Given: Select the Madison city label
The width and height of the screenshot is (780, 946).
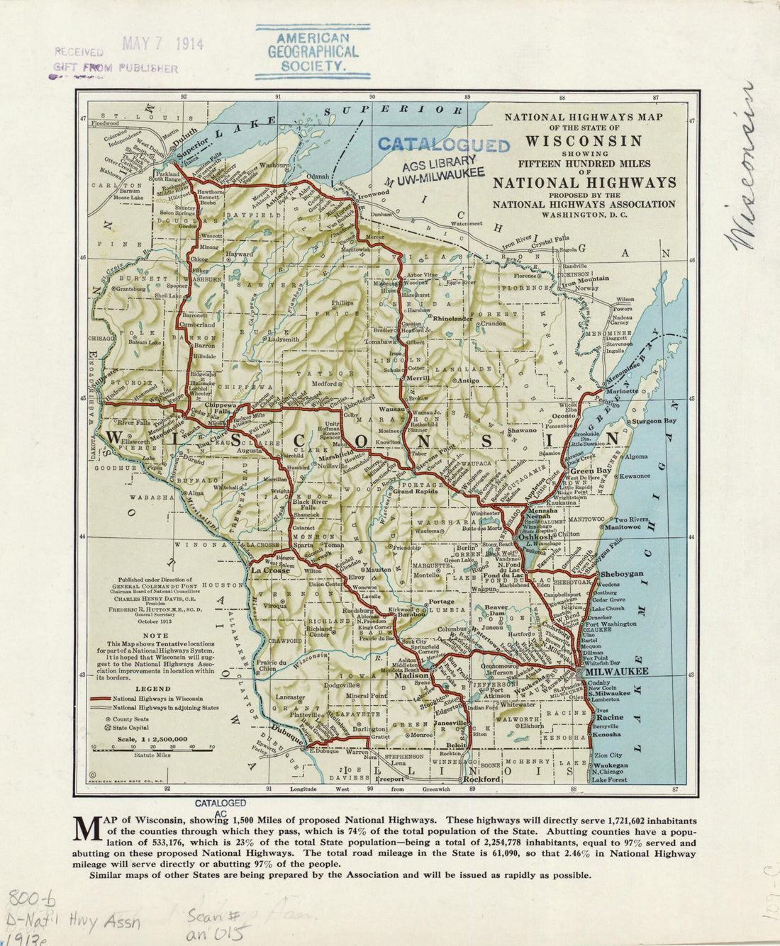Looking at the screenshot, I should (412, 677).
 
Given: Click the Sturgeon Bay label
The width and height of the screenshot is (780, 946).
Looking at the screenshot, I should (656, 421).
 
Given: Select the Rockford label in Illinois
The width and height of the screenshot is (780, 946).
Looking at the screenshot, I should (483, 779).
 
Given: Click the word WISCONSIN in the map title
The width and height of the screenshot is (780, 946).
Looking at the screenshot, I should (584, 140).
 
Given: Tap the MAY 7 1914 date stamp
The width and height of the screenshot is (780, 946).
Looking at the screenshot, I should (162, 44).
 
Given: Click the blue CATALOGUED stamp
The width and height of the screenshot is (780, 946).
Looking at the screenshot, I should (443, 145).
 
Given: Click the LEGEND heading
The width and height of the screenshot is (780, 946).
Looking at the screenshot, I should (152, 688).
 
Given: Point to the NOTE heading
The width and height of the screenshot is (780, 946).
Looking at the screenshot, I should (155, 636).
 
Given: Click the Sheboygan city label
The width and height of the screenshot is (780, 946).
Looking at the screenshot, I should (622, 573).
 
